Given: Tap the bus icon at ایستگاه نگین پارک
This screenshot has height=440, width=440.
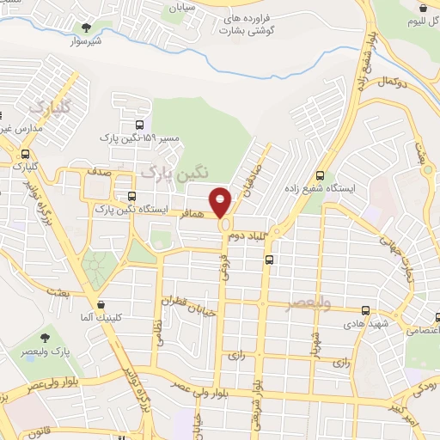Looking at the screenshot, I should point(131,195).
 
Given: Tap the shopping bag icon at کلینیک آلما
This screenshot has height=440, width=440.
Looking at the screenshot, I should point(101,303).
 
